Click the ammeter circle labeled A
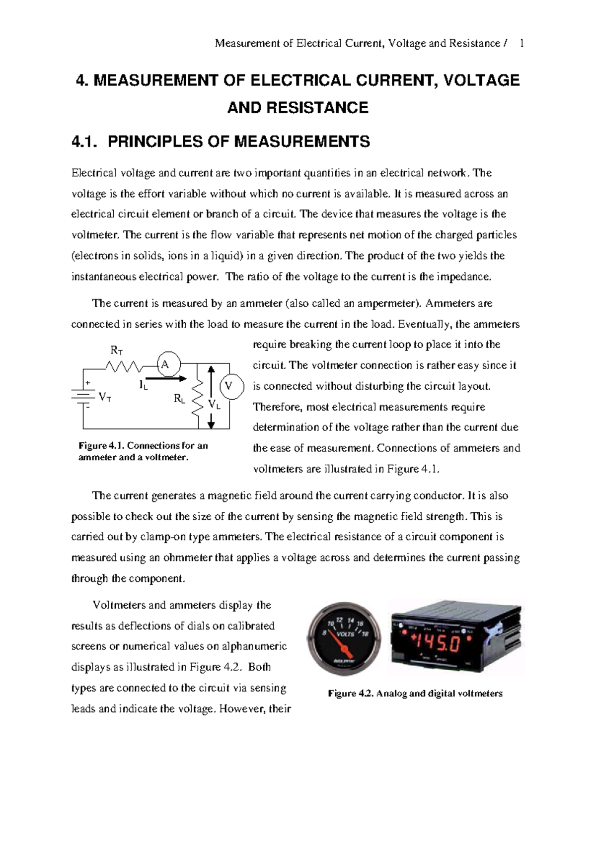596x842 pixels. click(x=165, y=365)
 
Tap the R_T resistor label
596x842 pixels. click(x=116, y=351)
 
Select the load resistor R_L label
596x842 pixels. click(x=179, y=398)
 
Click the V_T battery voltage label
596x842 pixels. click(x=105, y=397)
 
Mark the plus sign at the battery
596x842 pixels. click(x=88, y=383)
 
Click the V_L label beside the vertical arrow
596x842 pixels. click(x=215, y=405)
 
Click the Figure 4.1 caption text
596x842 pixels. click(x=143, y=451)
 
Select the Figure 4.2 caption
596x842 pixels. click(x=415, y=694)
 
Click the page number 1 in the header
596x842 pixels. click(x=521, y=44)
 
